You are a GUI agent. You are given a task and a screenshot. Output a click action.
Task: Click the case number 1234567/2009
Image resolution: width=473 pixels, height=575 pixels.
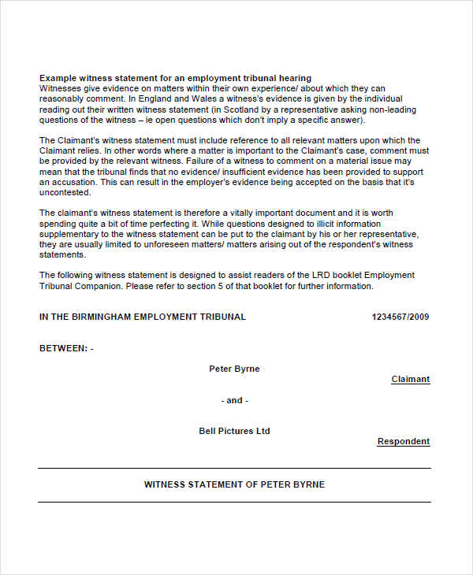tap(400, 317)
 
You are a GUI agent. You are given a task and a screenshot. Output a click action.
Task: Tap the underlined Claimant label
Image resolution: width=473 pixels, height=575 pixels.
tap(411, 379)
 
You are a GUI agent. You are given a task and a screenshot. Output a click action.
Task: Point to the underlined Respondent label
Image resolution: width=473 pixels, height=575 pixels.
tap(404, 442)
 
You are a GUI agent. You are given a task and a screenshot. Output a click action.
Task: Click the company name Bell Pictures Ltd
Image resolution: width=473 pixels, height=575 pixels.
tap(234, 431)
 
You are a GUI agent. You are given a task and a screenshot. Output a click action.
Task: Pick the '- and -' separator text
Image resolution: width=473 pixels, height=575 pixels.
tap(234, 400)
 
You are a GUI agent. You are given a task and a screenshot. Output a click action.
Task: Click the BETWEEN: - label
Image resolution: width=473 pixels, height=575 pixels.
tap(66, 347)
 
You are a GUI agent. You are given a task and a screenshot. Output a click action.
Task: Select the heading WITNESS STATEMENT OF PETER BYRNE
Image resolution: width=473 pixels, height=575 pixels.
tap(234, 484)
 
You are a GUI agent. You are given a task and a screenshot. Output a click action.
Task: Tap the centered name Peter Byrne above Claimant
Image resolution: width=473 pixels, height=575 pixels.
tap(234, 369)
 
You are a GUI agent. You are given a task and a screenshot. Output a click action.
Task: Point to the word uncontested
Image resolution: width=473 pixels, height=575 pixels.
tap(66, 192)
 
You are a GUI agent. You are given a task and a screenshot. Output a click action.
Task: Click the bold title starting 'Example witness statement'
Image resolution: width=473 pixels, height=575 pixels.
tap(175, 78)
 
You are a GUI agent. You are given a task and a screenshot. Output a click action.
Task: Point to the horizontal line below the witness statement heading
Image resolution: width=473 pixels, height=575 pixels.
tap(234, 502)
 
